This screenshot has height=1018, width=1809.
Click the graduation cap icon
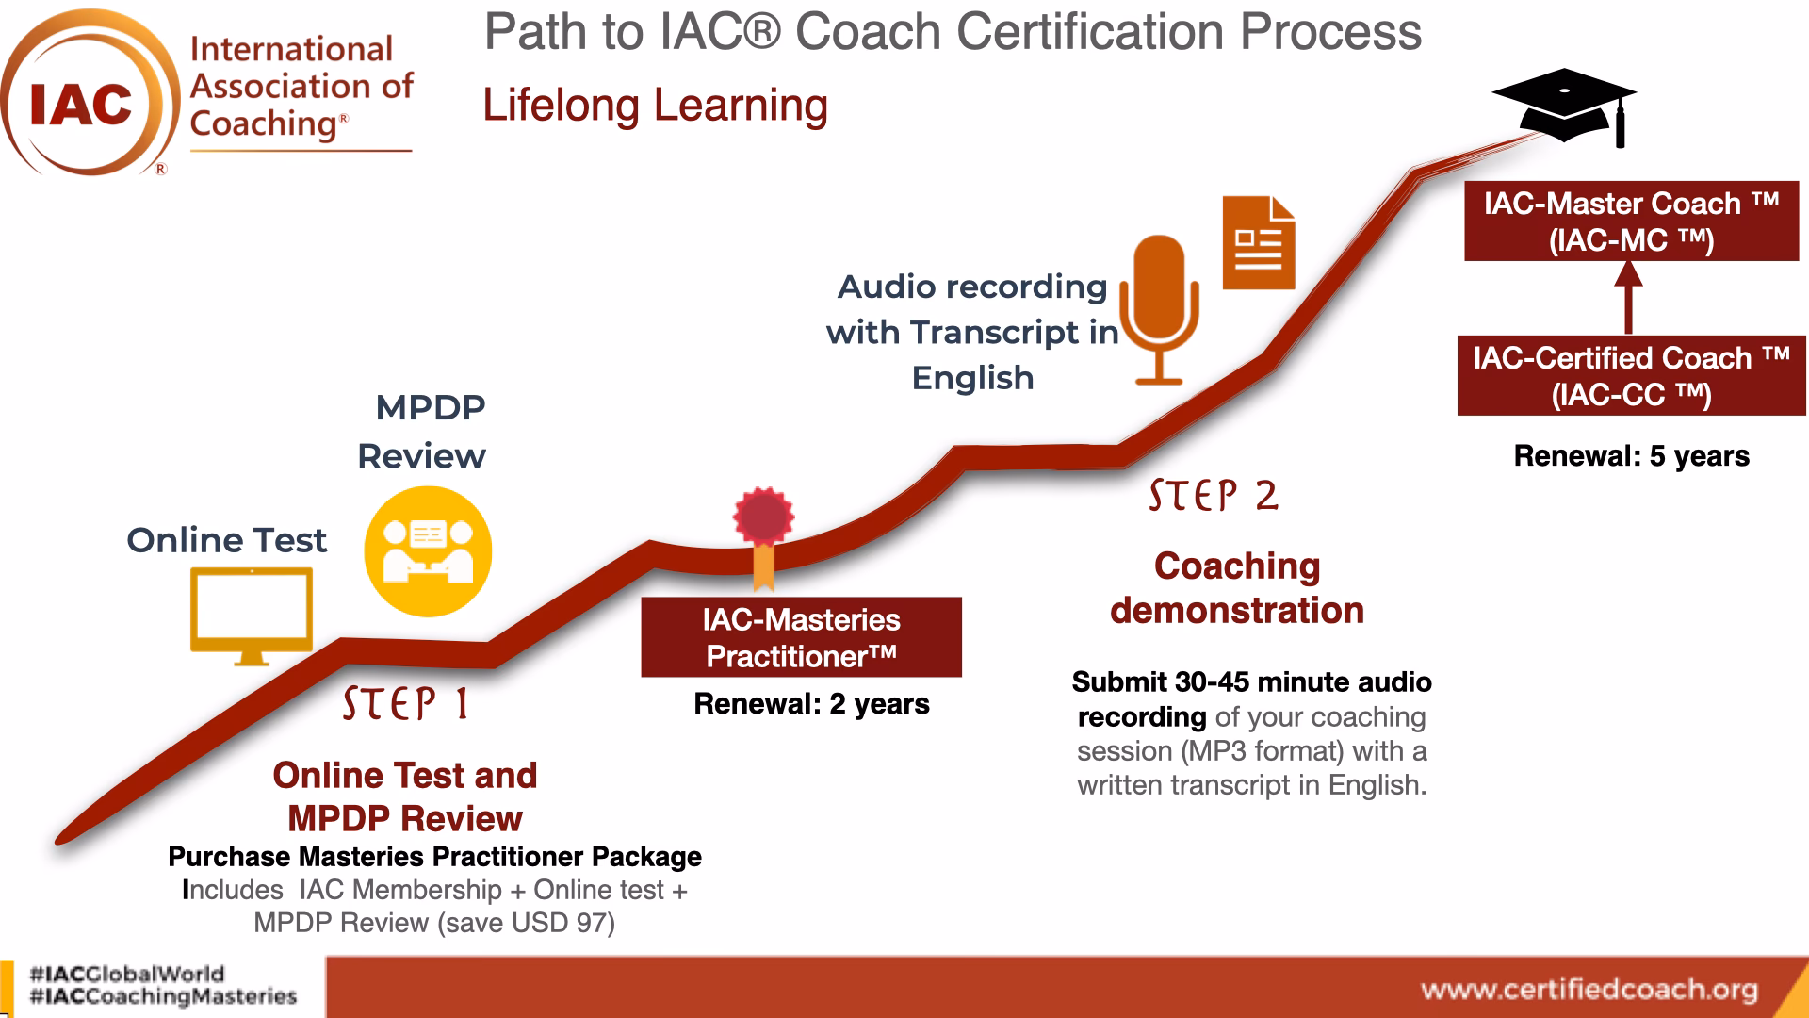[x=1564, y=104]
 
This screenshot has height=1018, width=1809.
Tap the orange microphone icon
[x=1159, y=306]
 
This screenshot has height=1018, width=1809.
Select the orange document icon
[x=1259, y=243]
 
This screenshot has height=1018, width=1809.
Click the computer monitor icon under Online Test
[x=251, y=613]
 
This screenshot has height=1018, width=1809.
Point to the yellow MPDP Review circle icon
[x=428, y=551]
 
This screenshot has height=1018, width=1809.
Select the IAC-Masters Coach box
[x=1631, y=222]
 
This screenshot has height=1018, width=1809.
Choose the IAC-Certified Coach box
[x=1631, y=375]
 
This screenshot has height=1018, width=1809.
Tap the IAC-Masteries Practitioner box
[x=801, y=637]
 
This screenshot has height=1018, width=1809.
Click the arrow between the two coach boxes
[x=1629, y=297]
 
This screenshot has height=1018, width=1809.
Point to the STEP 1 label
[x=405, y=704]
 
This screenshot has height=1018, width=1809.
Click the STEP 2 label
[x=1214, y=496]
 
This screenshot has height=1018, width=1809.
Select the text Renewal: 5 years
[x=1631, y=456]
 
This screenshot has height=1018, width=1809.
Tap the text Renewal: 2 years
[x=811, y=704]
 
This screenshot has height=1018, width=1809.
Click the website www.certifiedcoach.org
[x=1589, y=989]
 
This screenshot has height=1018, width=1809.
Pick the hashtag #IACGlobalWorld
[x=127, y=974]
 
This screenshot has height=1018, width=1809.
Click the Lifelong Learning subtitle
[x=655, y=105]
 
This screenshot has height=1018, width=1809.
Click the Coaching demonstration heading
[x=1236, y=588]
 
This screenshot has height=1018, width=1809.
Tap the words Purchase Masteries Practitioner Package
[x=434, y=857]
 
